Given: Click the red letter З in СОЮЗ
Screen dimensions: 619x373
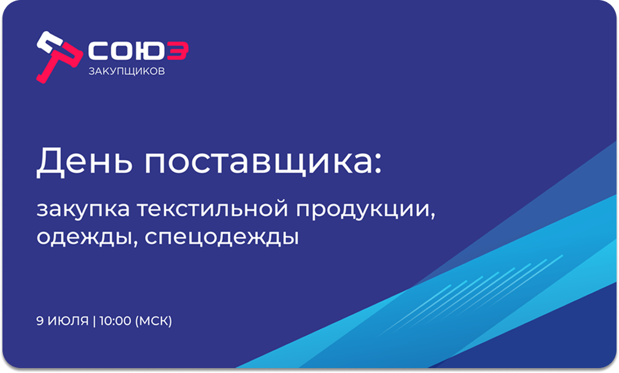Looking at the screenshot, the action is click(x=178, y=52).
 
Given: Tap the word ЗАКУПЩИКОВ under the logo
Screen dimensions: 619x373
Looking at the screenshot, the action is click(x=127, y=71).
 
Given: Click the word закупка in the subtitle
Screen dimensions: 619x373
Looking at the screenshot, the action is click(x=83, y=209).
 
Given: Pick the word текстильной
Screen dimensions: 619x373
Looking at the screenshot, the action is click(x=212, y=209).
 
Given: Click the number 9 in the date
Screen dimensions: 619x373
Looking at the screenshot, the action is click(x=40, y=321).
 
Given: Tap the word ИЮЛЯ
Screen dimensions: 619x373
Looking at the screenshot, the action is click(x=68, y=321).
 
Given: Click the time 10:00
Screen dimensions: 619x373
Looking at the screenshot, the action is click(x=115, y=321).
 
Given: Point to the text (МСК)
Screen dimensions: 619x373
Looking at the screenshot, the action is click(x=154, y=321).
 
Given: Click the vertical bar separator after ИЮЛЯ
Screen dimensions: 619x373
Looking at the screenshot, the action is click(x=94, y=321).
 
